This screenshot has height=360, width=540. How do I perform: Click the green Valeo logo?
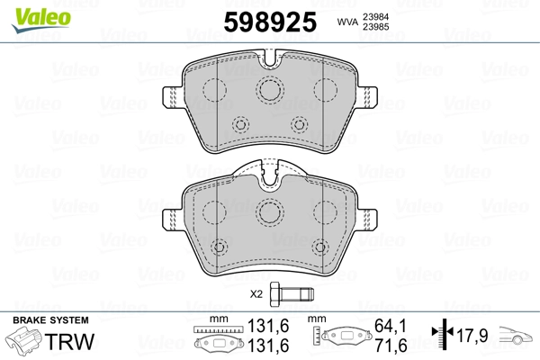[41, 21]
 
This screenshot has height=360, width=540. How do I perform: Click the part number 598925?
[270, 22]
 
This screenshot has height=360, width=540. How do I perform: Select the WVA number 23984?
[375, 17]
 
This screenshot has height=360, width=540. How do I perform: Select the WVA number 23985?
[375, 27]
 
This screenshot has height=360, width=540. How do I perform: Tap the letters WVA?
[348, 22]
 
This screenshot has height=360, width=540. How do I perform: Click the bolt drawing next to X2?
[292, 294]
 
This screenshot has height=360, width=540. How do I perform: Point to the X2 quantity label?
[256, 294]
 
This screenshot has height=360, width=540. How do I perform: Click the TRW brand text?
[69, 341]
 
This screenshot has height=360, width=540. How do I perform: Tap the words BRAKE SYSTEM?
[50, 320]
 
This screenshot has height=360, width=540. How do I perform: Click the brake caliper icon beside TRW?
[24, 339]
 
